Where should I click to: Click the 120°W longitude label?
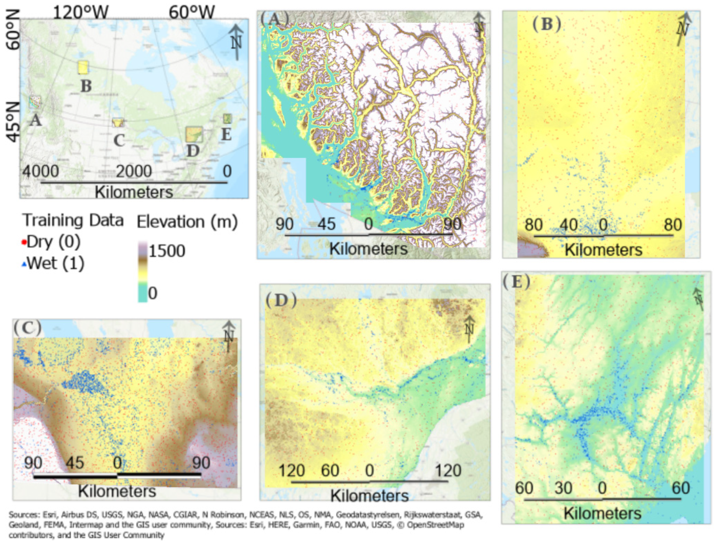pyautogui.click(x=81, y=12)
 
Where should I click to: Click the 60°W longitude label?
pyautogui.click(x=191, y=12)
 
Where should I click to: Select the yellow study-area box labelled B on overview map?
pyautogui.click(x=83, y=67)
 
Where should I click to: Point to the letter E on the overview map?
pyautogui.click(x=226, y=135)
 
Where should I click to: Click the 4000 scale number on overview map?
pyautogui.click(x=41, y=171)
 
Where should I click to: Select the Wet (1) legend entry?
pyautogui.click(x=53, y=264)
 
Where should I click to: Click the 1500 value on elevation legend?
pyautogui.click(x=166, y=251)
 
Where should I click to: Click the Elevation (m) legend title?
pyautogui.click(x=187, y=221)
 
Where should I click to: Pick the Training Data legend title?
pyautogui.click(x=73, y=220)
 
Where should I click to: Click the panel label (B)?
pyautogui.click(x=546, y=24)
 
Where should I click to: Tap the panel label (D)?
pyautogui.click(x=281, y=300)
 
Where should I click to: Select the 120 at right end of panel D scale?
pyautogui.click(x=448, y=470)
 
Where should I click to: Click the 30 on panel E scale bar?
pyautogui.click(x=563, y=488)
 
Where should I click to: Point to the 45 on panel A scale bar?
pyautogui.click(x=326, y=224)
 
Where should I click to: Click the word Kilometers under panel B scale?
pyautogui.click(x=603, y=250)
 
